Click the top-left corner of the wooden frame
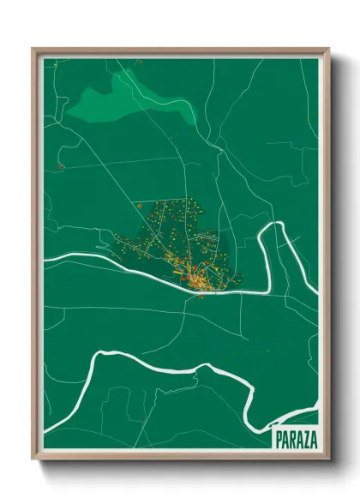(x=33, y=49)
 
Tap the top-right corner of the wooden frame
(x=329, y=49)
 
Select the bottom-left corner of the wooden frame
(x=33, y=460)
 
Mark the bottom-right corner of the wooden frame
(x=329, y=460)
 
